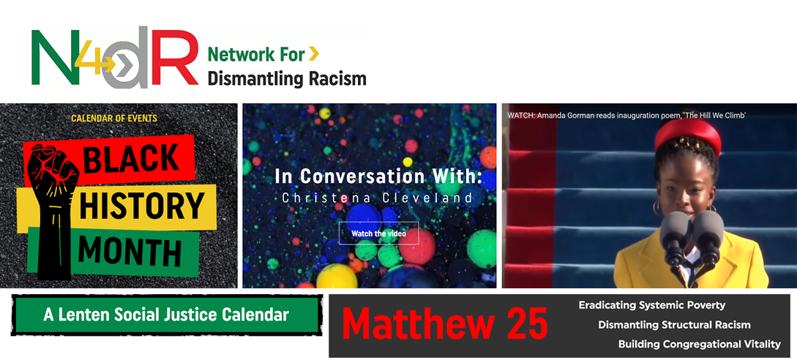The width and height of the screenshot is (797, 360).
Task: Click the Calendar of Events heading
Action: [x=114, y=119]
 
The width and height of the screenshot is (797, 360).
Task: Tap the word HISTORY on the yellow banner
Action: [x=142, y=204]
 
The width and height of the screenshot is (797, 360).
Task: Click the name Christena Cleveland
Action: [x=377, y=198]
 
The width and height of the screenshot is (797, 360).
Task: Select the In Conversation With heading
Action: [x=378, y=176]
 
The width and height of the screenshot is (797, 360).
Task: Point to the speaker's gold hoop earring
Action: [x=656, y=207]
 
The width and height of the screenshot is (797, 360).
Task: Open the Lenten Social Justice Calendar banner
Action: [x=166, y=315]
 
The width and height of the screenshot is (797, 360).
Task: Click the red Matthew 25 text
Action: [x=445, y=324]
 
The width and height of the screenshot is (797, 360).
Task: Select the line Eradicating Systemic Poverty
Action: [x=651, y=305]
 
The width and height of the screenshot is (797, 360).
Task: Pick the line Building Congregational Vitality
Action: [x=700, y=344]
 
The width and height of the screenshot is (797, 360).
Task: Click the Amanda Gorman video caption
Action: [x=626, y=116]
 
